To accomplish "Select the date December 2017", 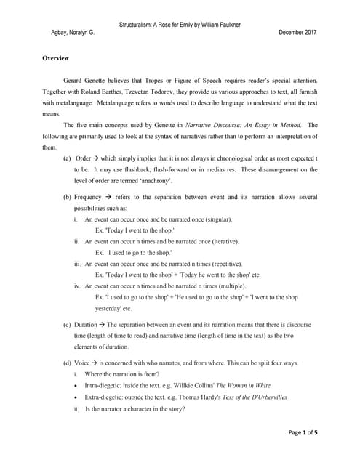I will [x=298, y=33].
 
